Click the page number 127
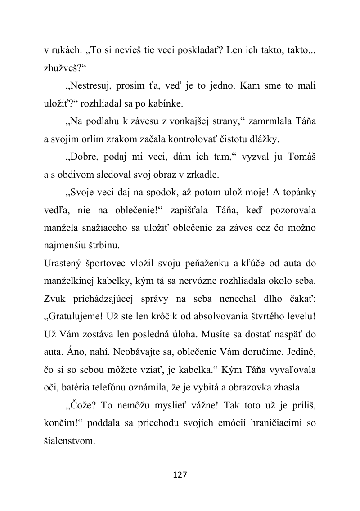pos(180,475)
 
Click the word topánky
pos(298,193)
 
